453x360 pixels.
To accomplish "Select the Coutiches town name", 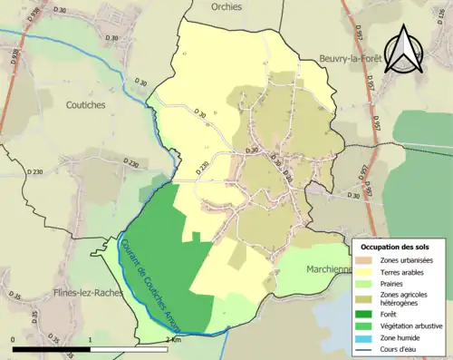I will pos(85,104).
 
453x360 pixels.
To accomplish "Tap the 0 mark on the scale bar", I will pos(13,338).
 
